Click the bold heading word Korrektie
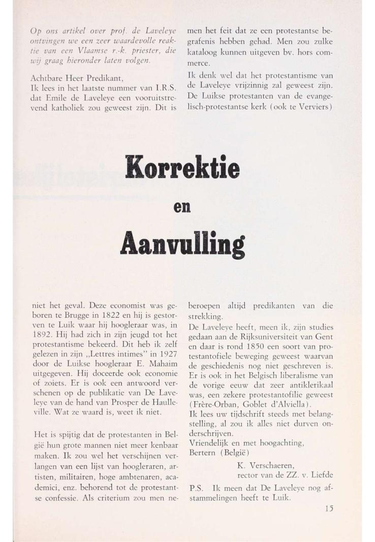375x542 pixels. click(182, 165)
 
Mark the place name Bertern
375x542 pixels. click(205, 452)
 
